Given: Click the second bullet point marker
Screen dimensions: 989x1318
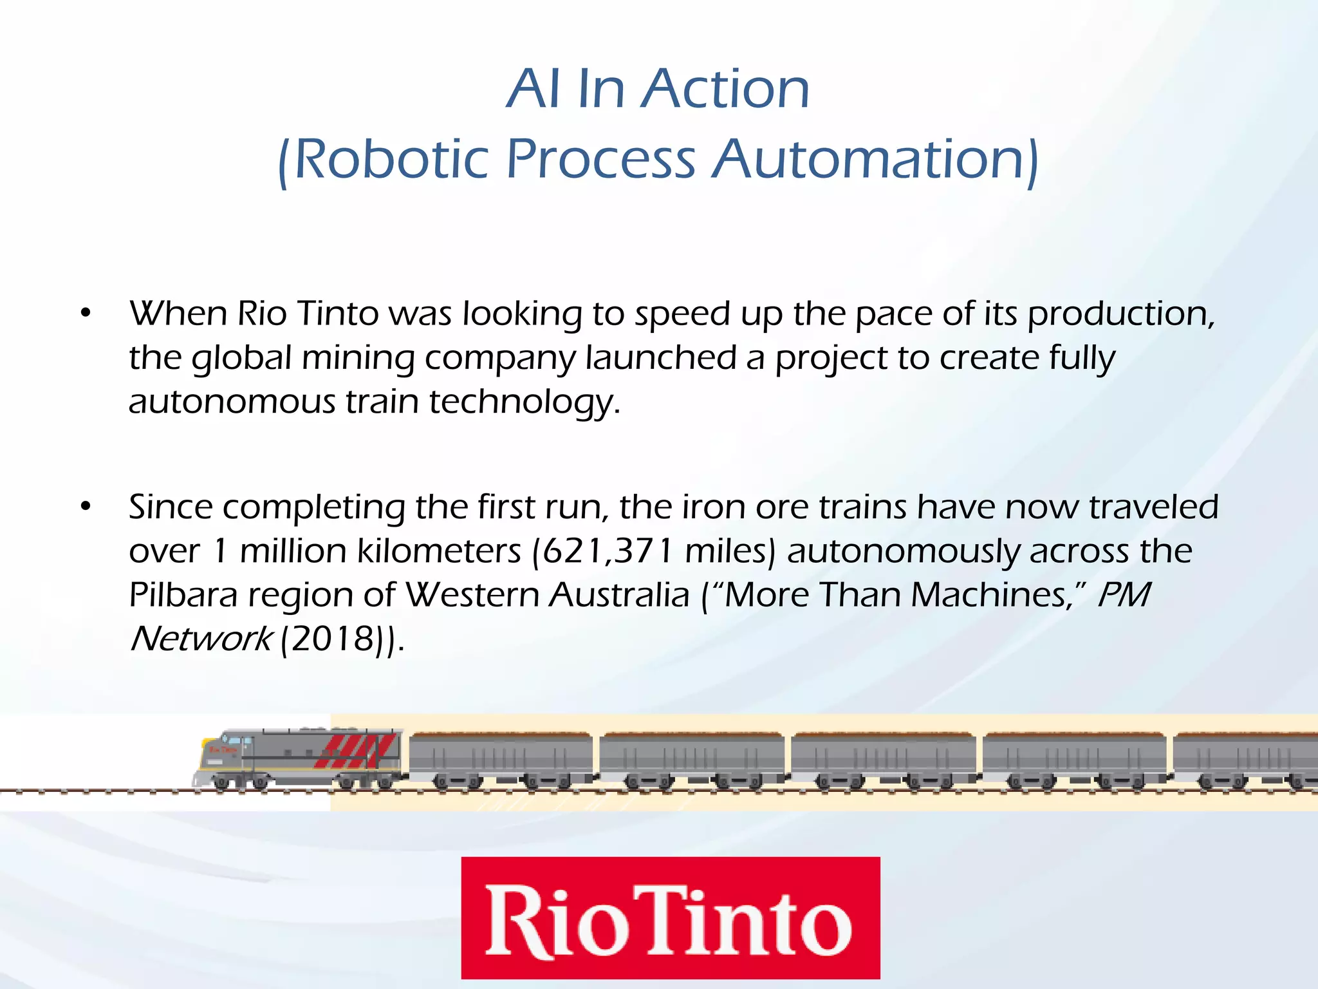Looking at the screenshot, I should [86, 507].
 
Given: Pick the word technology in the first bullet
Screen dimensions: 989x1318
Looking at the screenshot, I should [524, 402].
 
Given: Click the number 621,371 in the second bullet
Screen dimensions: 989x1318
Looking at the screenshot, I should [609, 551].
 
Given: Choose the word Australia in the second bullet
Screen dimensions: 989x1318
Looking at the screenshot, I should [619, 595].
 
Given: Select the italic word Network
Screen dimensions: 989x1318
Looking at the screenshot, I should [201, 639].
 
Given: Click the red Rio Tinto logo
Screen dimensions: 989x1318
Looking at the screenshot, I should [670, 917].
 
